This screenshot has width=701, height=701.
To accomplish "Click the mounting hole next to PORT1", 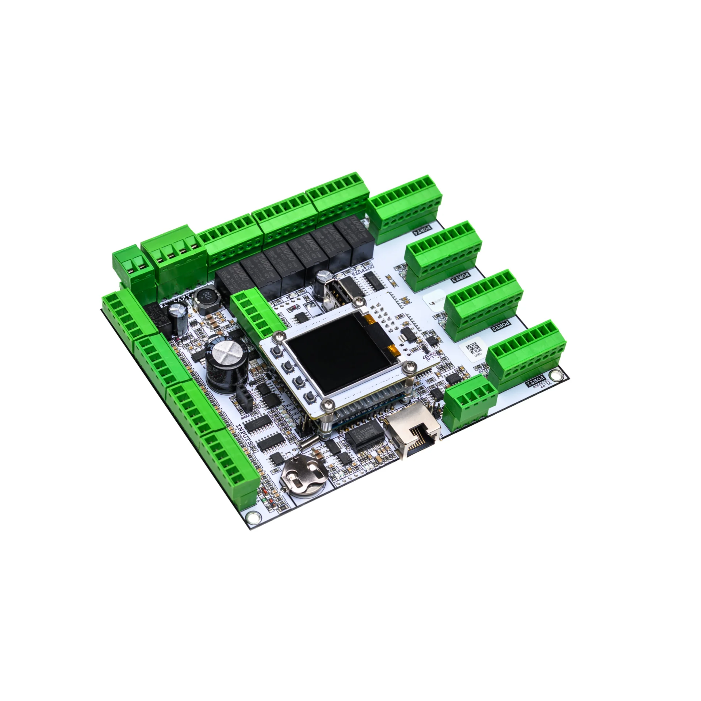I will click(556, 375).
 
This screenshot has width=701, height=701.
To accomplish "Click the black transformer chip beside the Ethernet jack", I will click(363, 438).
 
